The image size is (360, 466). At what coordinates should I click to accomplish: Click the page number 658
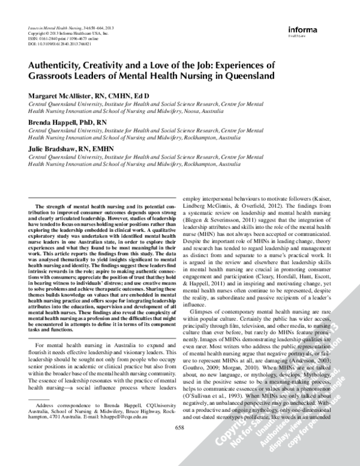click(179, 444)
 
